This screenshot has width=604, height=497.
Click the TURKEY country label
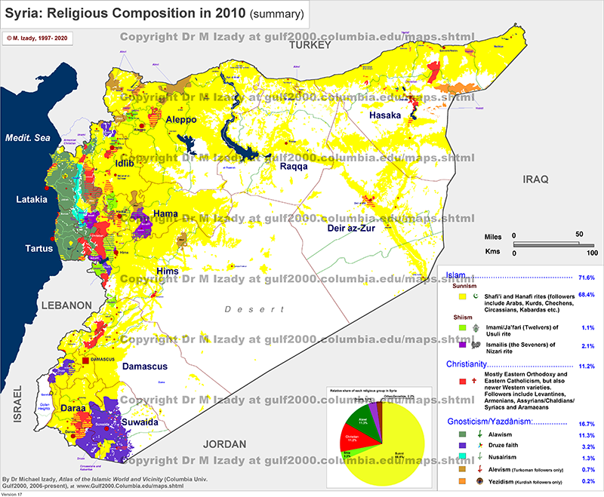(310, 46)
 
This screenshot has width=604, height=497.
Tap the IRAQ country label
(533, 179)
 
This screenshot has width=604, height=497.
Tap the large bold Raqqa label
(291, 167)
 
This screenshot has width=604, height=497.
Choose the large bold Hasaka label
(387, 115)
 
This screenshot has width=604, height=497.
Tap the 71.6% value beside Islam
(586, 277)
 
